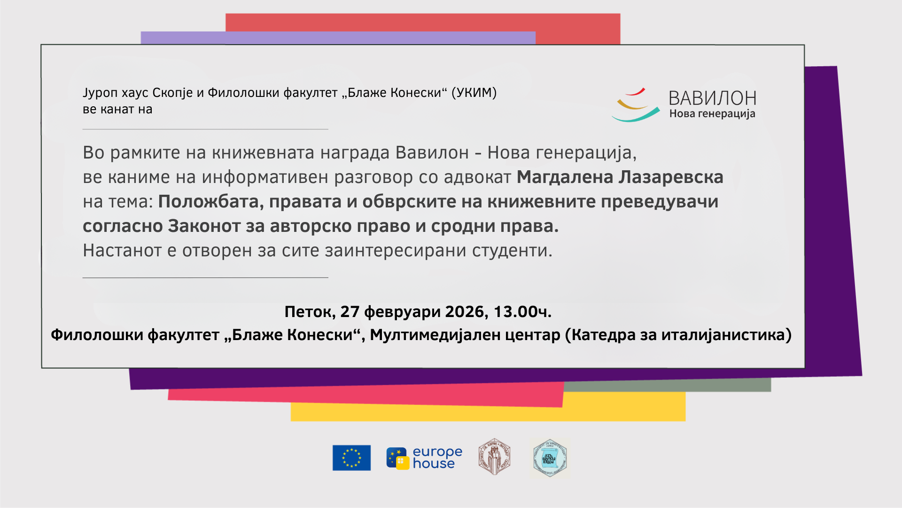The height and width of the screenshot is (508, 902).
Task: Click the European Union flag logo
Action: pos(351,458)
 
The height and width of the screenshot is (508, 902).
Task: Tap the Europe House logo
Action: pos(424,458)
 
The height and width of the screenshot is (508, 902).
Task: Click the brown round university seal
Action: pos(494,457)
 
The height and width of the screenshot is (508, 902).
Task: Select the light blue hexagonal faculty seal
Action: pos(550,458)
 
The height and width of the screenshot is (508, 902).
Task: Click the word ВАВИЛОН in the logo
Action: pos(712,98)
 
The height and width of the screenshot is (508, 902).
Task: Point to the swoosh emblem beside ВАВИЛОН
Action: pos(636,105)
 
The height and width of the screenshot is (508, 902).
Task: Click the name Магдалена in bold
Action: pos(565,177)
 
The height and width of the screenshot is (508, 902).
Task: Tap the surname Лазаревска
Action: pos(671,177)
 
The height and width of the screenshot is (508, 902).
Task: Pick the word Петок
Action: pos(310,312)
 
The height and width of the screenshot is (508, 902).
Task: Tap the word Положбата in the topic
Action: pos(210,202)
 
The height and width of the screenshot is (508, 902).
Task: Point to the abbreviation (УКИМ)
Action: pos(474,93)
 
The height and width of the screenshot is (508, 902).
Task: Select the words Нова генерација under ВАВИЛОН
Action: pos(712,114)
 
